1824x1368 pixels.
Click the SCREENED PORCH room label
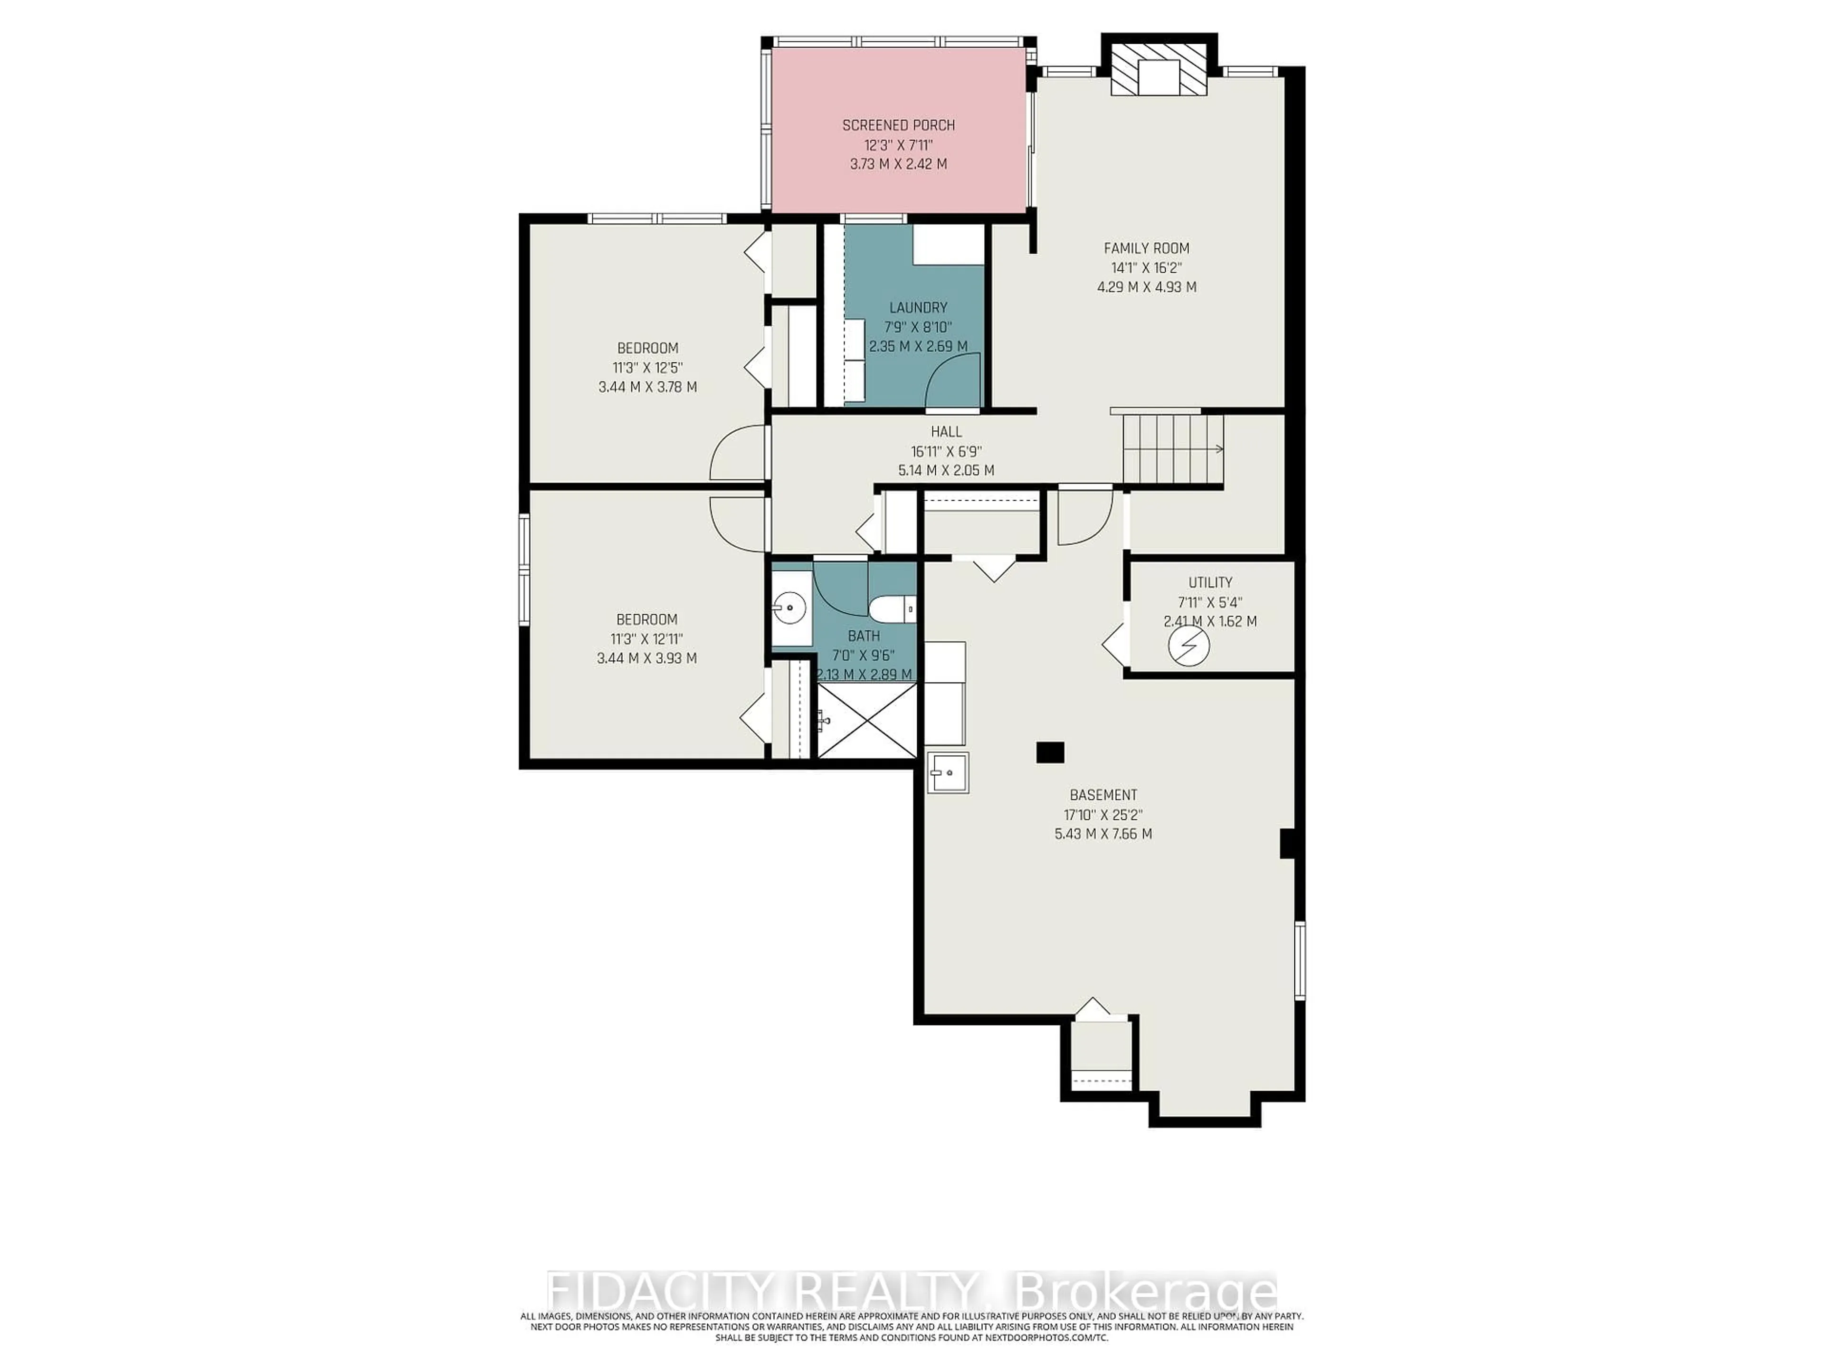click(x=898, y=125)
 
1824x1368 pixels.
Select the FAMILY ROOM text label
click(x=1146, y=248)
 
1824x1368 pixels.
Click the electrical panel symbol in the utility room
click(x=1188, y=646)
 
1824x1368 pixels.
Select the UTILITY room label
click(x=1210, y=582)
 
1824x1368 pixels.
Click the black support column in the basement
click(x=1050, y=752)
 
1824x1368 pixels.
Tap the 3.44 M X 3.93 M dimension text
click(x=646, y=658)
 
